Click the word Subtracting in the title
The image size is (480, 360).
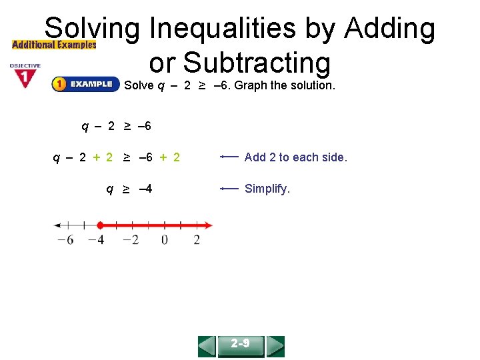pos(240,63)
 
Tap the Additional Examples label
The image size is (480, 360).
pos(54,45)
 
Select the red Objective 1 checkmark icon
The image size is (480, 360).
pos(25,77)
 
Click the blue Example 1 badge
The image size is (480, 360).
pos(83,85)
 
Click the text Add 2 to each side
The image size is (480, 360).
pos(296,157)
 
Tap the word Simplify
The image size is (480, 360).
pos(267,189)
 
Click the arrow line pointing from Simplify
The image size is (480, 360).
pos(229,189)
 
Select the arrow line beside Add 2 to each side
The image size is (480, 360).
pos(229,157)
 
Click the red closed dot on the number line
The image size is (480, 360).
pos(99,225)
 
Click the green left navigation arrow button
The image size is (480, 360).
pos(207,346)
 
